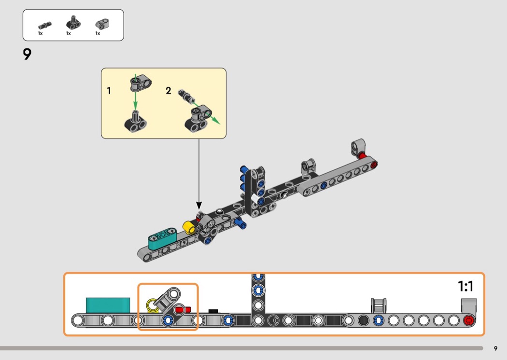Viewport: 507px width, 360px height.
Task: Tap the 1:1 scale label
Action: coord(465,287)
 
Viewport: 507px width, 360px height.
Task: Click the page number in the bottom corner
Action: coord(495,348)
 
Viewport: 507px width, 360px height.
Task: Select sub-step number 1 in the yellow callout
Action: coord(109,90)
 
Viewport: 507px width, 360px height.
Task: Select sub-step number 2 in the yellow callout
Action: coord(169,90)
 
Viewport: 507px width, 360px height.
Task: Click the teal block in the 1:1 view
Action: coord(108,305)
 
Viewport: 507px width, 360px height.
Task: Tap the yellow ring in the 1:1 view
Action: coord(153,305)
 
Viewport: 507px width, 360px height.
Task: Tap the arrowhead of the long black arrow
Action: coord(199,206)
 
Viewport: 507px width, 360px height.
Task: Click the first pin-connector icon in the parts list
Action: coord(44,25)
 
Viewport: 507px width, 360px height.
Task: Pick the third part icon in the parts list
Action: coord(100,24)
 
